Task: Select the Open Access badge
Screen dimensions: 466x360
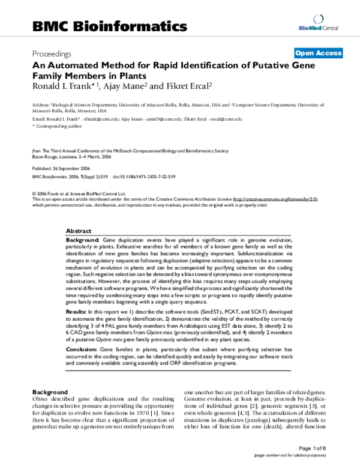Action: [317, 53]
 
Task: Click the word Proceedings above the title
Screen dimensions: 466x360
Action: [52, 53]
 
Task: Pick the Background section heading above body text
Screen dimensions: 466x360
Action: [50, 391]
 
